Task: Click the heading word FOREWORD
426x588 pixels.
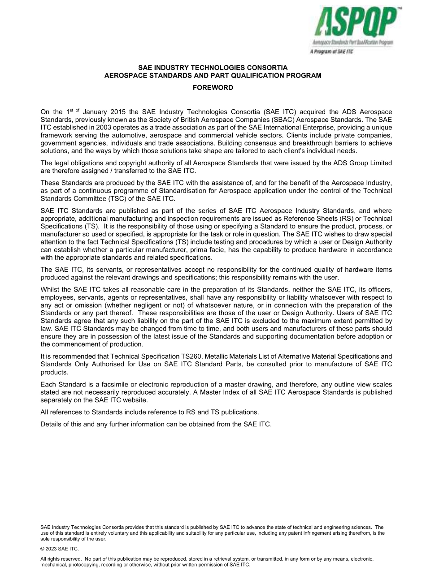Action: coord(213,88)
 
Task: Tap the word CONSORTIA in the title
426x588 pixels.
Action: coord(264,68)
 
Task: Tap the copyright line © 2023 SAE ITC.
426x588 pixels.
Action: coord(60,549)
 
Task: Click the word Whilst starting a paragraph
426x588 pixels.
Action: coord(50,290)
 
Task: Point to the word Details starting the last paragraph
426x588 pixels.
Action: coord(51,424)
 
